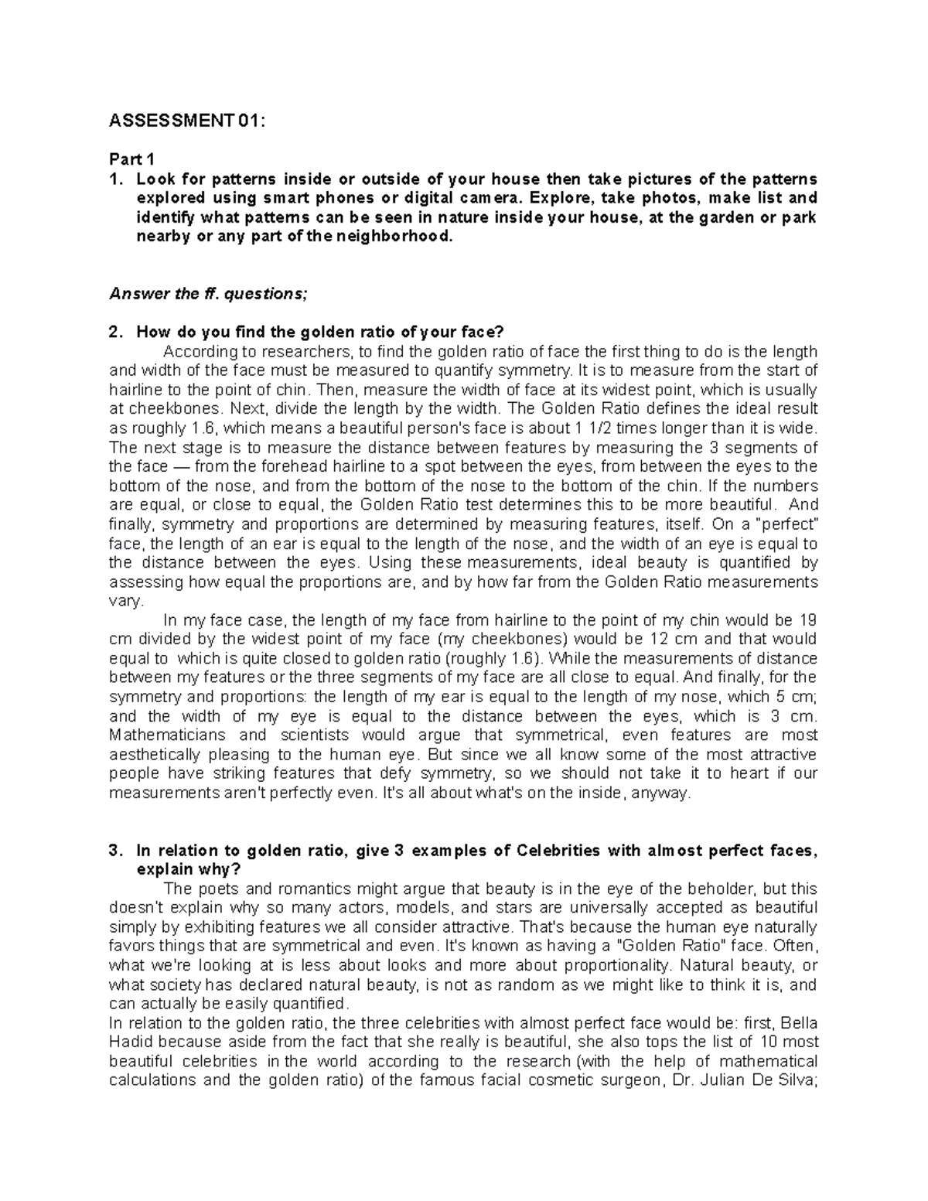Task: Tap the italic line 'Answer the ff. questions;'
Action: coord(203,294)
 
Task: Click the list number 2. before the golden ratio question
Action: coord(115,333)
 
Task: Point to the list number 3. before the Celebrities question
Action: coord(115,851)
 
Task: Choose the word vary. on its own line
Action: coord(127,601)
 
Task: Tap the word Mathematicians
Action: coord(168,735)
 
